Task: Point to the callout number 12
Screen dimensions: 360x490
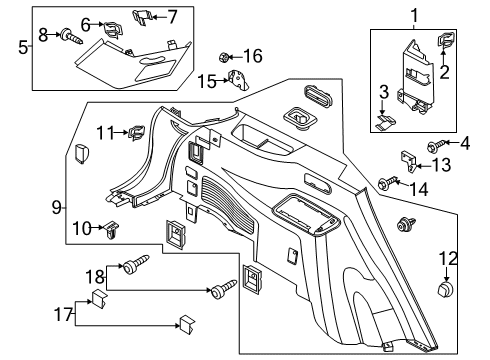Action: (x=441, y=261)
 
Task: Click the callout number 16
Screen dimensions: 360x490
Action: (x=254, y=55)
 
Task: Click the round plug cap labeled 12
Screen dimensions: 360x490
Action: (x=441, y=291)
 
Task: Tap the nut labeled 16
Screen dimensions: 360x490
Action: (x=226, y=57)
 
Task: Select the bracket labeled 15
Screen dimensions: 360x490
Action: (x=237, y=82)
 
